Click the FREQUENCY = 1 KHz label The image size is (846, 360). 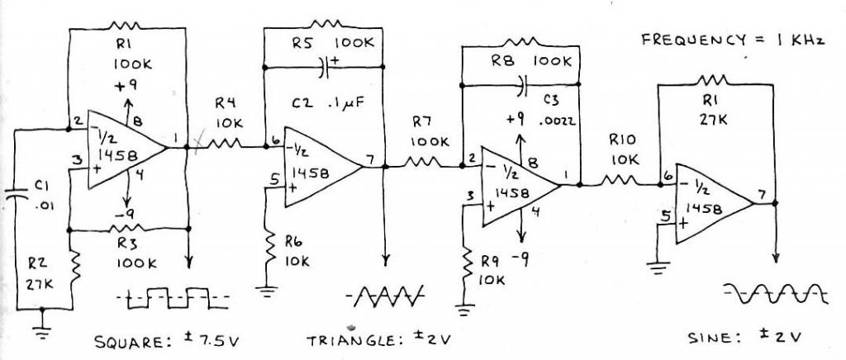(x=734, y=40)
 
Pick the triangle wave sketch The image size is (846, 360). (x=387, y=294)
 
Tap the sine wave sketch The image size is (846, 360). (x=773, y=291)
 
